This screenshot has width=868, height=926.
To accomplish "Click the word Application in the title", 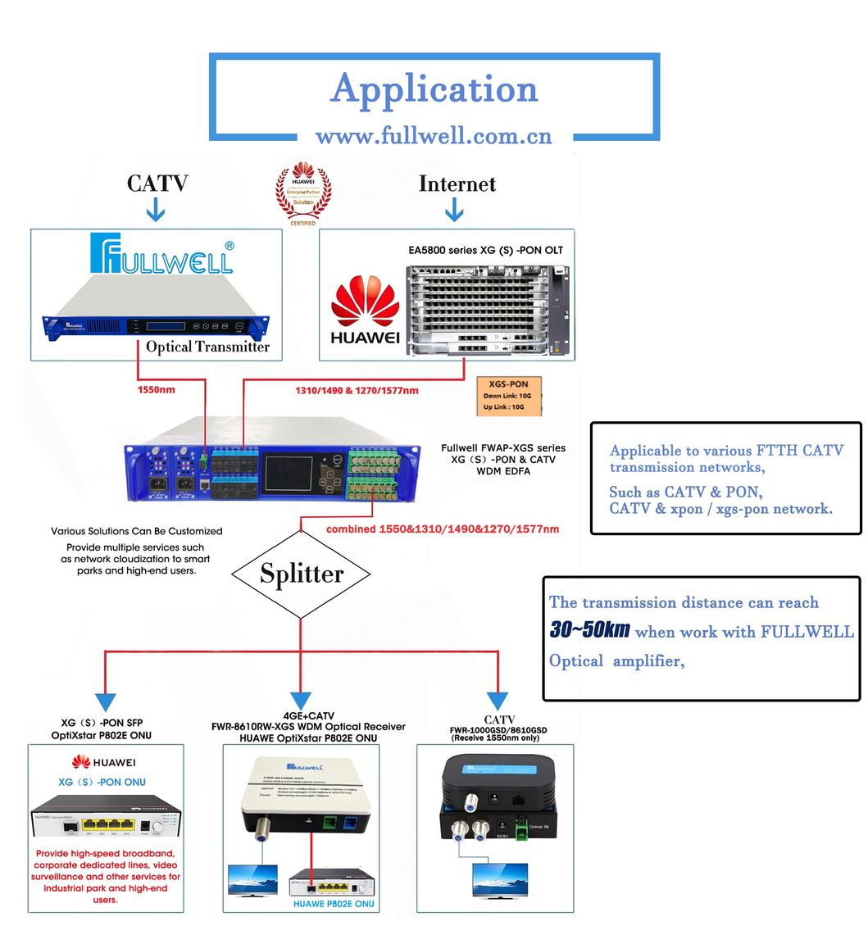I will (434, 89).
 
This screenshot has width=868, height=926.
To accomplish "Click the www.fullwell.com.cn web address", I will (434, 135).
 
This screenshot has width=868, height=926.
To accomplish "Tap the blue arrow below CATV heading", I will (156, 212).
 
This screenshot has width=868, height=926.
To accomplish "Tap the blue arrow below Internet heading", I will (454, 212).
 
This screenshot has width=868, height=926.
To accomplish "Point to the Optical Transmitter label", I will (207, 347).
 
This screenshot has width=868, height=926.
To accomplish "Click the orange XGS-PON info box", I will (509, 396).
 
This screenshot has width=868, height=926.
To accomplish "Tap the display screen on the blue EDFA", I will (287, 471).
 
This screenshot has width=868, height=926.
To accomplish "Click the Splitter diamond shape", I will (302, 574).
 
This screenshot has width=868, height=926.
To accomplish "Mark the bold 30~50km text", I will (589, 630).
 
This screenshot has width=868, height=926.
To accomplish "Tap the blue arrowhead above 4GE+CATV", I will (301, 701).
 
